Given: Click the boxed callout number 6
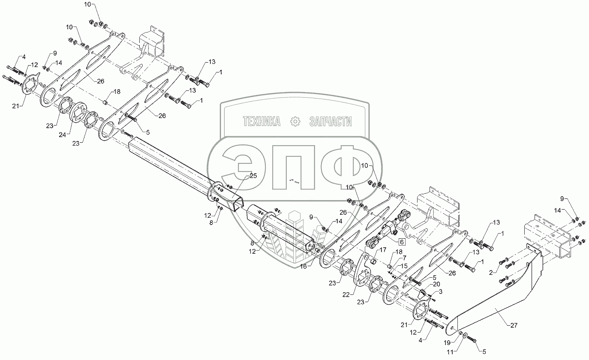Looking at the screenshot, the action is (x=401, y=241).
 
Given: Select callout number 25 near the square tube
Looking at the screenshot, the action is (x=253, y=176).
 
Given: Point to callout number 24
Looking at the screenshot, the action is (x=63, y=135).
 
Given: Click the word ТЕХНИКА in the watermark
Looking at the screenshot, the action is (x=261, y=122).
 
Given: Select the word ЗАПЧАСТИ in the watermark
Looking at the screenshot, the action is (x=330, y=122).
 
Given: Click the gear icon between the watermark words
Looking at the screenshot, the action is (x=295, y=122).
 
